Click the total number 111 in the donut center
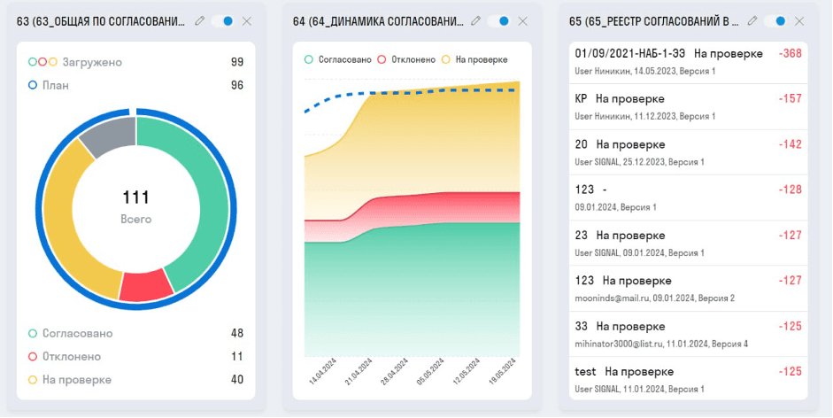click(x=135, y=197)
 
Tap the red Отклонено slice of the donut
click(x=146, y=285)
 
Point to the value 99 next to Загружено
click(x=236, y=62)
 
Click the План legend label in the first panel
click(x=55, y=85)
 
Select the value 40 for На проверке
click(x=236, y=379)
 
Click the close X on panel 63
click(x=246, y=20)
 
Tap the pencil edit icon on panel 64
click(x=476, y=20)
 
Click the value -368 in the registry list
click(x=790, y=54)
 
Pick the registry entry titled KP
click(x=581, y=98)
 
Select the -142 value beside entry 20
click(x=790, y=144)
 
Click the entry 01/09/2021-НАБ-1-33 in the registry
click(x=630, y=54)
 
